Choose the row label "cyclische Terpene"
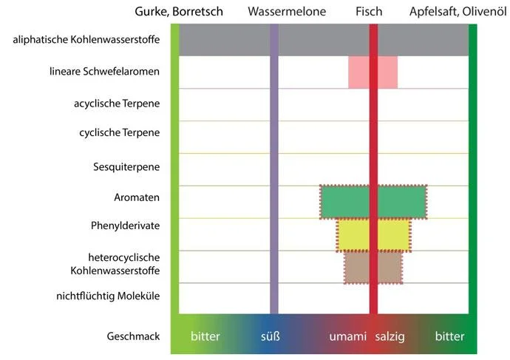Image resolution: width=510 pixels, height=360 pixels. (119, 133)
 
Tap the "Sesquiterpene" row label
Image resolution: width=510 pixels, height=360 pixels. (126, 166)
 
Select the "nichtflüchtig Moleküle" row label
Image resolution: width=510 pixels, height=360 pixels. (108, 296)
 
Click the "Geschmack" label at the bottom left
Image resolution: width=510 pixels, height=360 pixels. (135, 336)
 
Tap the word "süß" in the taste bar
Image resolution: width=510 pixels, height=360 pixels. (271, 336)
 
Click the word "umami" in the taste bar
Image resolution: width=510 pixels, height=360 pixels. (348, 336)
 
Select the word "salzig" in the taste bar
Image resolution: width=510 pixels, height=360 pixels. (390, 336)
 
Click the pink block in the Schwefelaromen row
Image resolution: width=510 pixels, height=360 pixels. (359, 72)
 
